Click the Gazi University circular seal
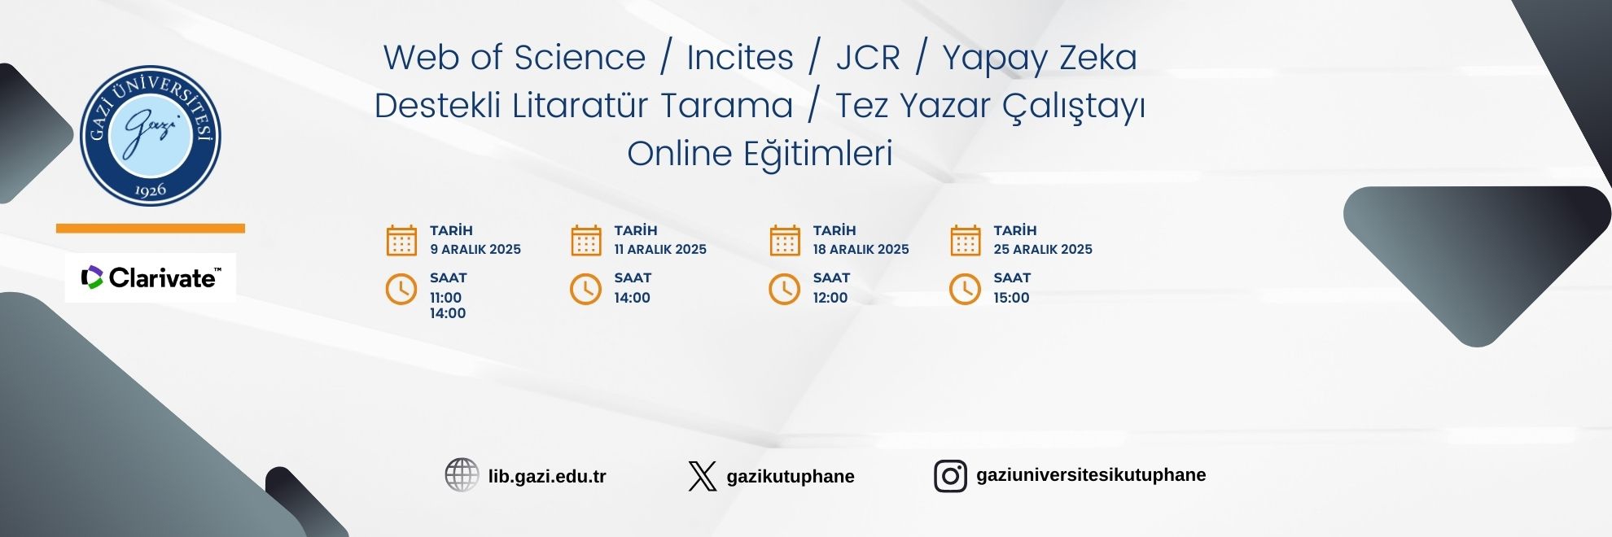151,135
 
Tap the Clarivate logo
151,277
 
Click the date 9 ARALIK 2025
475,250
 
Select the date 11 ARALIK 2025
660,250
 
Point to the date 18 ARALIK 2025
861,250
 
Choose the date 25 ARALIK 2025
1043,250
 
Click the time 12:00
830,298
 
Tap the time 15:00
1011,298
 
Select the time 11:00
446,298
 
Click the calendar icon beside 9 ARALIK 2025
401,241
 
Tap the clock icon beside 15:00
966,289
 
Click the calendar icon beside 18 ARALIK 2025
785,241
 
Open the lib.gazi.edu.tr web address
547,477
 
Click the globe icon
462,475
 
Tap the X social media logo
702,476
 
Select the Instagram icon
950,476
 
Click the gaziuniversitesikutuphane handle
1091,475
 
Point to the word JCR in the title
868,58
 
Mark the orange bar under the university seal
151,229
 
